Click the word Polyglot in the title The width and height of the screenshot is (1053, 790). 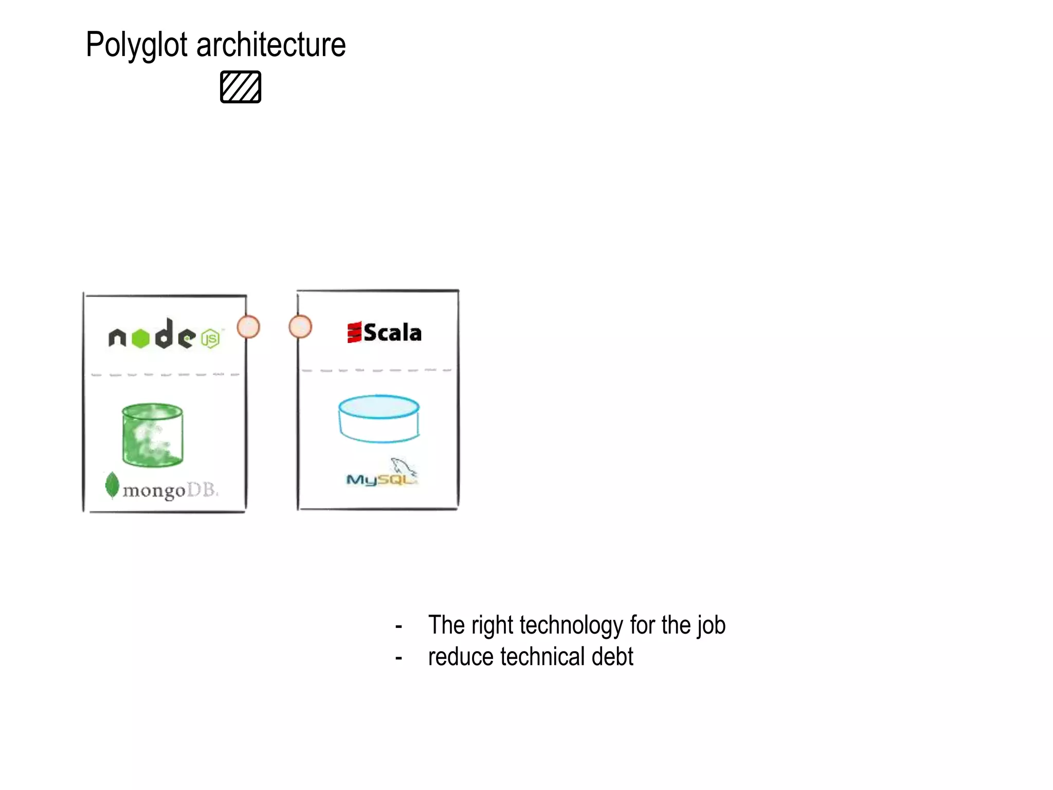136,45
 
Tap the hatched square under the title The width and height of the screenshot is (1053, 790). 241,87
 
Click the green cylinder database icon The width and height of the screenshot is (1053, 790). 152,435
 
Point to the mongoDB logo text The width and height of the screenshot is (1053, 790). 170,490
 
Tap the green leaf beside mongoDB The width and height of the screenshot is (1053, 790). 112,484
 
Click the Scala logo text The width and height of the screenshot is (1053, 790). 392,333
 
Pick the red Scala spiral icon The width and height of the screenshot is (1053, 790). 354,332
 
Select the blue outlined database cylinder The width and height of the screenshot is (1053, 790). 379,419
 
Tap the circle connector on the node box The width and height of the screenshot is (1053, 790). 248,327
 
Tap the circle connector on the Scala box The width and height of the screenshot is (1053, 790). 300,327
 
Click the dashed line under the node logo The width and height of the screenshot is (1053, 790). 165,375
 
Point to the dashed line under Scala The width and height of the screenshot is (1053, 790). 377,370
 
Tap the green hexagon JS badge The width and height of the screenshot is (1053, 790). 211,339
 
